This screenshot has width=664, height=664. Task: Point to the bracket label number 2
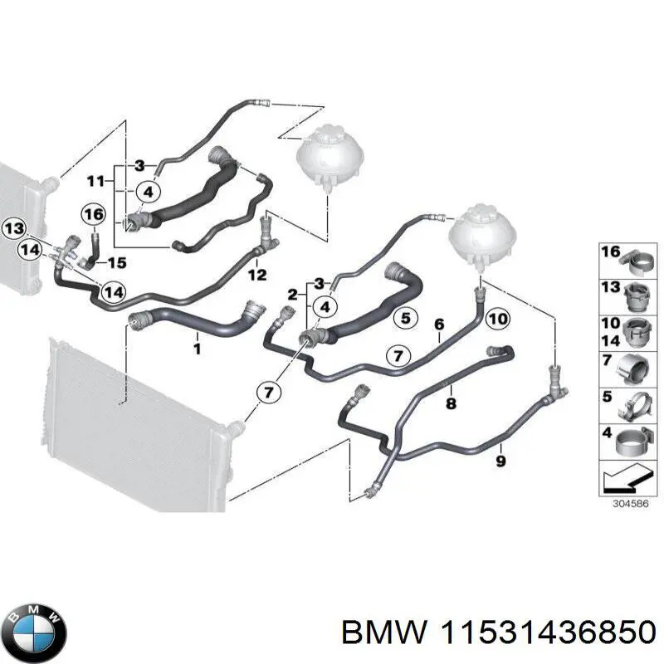point(293,295)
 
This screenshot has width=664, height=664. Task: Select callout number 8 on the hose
point(451,404)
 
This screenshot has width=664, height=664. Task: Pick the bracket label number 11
point(96,180)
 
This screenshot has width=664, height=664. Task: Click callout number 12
point(257,274)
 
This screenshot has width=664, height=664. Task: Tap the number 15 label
point(117,263)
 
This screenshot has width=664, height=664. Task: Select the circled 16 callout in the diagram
point(95,215)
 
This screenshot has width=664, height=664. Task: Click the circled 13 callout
point(14,228)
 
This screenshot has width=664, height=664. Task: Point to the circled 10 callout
point(497,318)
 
